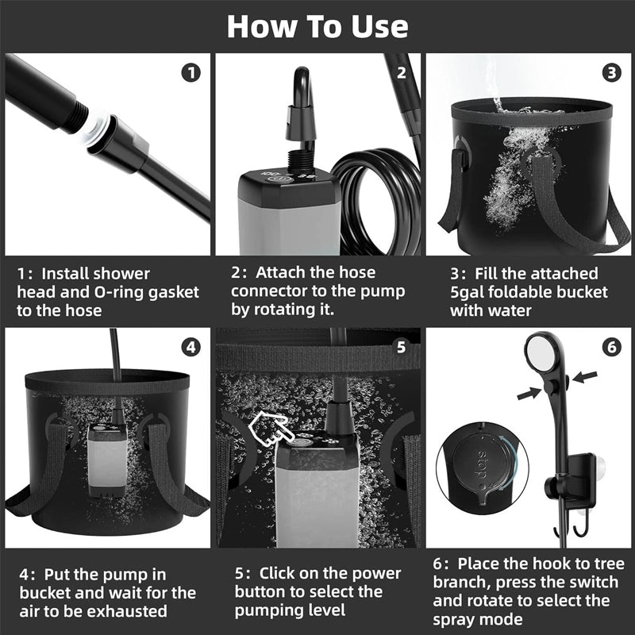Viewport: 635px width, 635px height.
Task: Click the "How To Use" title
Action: point(317,25)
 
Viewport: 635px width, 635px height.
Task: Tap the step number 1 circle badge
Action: point(190,73)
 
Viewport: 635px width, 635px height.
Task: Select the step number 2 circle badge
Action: point(401,73)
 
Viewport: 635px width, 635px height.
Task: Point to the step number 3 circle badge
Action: point(611,73)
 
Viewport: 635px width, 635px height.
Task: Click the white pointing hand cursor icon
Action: point(268,429)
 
